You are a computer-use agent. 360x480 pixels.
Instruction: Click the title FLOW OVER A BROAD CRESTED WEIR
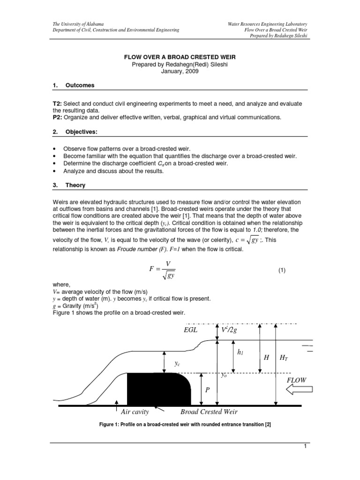pyautogui.click(x=180, y=57)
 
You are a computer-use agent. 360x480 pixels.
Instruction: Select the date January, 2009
pyautogui.click(x=180, y=72)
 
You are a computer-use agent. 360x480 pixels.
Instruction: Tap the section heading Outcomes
pyautogui.click(x=80, y=85)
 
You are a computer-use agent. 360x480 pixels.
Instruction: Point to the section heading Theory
pyautogui.click(x=75, y=185)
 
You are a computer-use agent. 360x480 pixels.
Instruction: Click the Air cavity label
pyautogui.click(x=135, y=412)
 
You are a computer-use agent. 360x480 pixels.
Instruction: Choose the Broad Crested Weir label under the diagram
pyautogui.click(x=209, y=412)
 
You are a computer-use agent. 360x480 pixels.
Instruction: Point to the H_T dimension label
pyautogui.click(x=284, y=358)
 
